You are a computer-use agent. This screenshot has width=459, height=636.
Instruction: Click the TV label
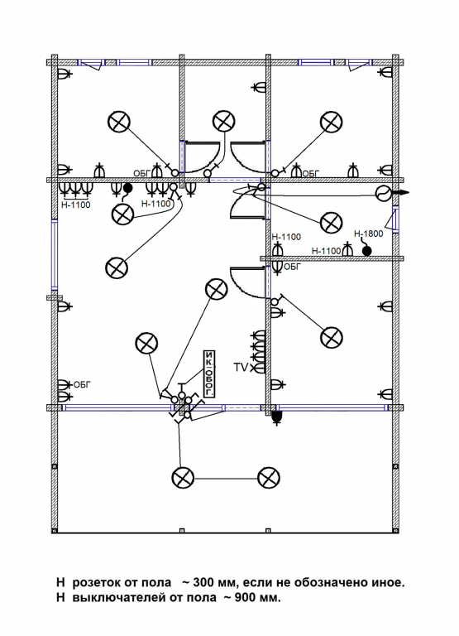coord(241,368)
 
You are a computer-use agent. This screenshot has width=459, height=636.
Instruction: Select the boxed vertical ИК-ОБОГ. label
coord(208,373)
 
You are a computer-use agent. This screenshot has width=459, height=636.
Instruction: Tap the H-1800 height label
coord(368,234)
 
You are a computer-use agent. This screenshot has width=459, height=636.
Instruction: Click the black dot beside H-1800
coord(366,251)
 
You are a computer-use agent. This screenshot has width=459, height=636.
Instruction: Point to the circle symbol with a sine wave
coord(383,194)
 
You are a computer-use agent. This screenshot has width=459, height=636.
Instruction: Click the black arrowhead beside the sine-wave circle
coord(404,193)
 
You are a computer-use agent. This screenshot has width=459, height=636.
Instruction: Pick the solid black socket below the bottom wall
coord(277,417)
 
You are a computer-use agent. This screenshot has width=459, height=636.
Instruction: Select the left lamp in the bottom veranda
coord(183,478)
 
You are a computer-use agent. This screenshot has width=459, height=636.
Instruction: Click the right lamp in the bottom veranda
coord(269,478)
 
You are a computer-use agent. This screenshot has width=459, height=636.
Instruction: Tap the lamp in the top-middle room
coord(224,121)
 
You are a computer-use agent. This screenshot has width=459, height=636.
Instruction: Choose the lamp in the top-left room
coord(120,122)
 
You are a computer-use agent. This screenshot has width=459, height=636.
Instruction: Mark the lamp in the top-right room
coord(332,122)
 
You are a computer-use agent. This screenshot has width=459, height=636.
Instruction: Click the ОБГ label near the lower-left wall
coord(82,384)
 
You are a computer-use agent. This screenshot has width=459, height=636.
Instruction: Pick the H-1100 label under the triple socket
coord(76,205)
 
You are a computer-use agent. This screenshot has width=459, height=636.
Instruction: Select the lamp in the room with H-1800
coord(331,222)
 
